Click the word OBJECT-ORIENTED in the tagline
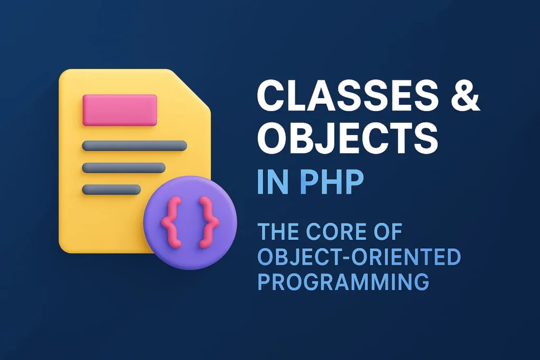point(359,257)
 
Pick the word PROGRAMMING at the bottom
point(343,281)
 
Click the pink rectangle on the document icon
point(120,110)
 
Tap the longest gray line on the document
point(134,146)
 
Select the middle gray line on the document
point(124,168)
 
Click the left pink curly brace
point(171,222)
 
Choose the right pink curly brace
point(208,222)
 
